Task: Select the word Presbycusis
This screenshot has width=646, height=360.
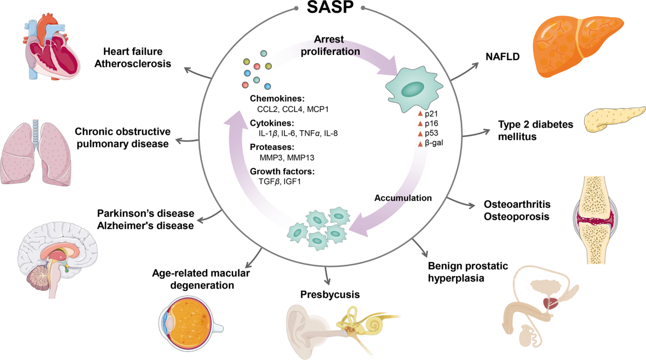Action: pyautogui.click(x=329, y=294)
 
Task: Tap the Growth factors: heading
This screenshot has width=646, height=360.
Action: pyautogui.click(x=282, y=172)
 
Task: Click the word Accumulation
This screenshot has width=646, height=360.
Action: pyautogui.click(x=404, y=197)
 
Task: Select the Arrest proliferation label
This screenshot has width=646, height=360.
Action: pyautogui.click(x=338, y=46)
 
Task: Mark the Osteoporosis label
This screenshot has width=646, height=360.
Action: pyautogui.click(x=516, y=216)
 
